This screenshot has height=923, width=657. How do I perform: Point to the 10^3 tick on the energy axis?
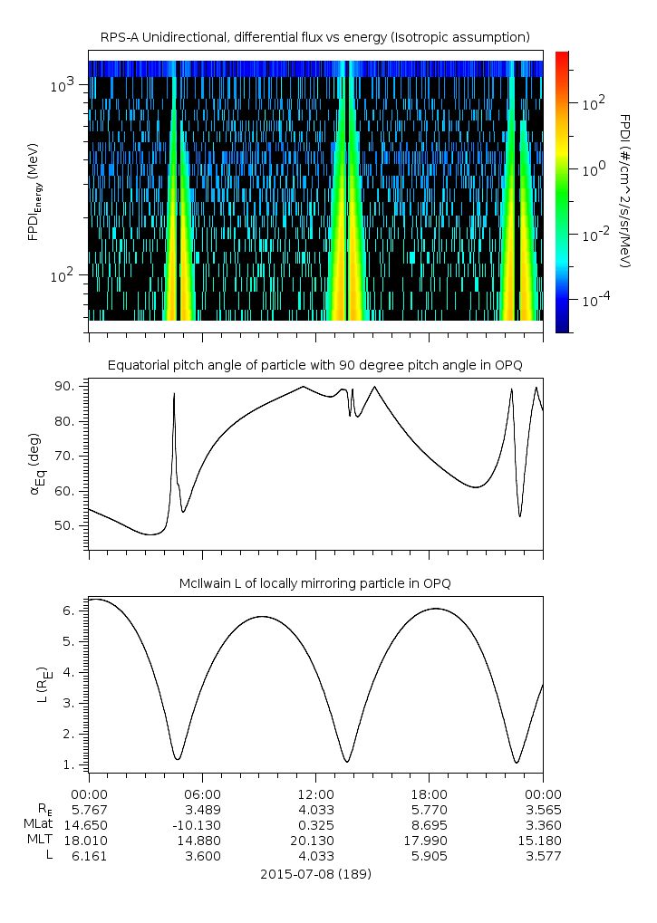click(x=69, y=85)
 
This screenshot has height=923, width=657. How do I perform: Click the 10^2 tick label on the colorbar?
click(x=593, y=104)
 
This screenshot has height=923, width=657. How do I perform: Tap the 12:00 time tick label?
click(x=315, y=793)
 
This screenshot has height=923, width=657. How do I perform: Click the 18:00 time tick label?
click(x=429, y=793)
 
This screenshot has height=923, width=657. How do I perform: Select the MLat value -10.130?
click(x=202, y=825)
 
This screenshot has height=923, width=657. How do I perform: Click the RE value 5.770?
click(x=429, y=809)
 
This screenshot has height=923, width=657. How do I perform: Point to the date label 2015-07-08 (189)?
click(x=315, y=875)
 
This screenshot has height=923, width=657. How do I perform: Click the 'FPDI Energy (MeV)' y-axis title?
click(x=36, y=191)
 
